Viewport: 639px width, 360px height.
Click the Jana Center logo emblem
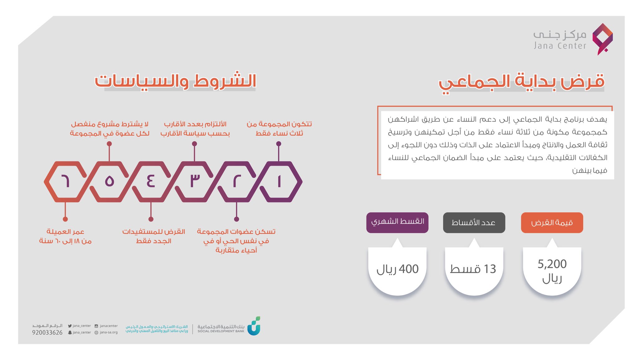tap(603, 39)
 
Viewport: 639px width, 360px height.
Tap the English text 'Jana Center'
tap(560, 46)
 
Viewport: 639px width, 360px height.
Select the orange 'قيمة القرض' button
tap(552, 223)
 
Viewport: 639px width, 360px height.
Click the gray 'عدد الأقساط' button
tap(474, 223)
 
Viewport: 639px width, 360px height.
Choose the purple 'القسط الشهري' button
tap(397, 222)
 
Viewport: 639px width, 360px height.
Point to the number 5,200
tap(552, 264)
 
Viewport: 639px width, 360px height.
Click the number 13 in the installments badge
tap(490, 269)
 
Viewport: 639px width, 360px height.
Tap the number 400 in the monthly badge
tap(409, 269)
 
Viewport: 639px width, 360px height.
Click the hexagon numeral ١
tap(279, 181)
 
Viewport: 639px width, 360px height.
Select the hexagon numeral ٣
tap(195, 181)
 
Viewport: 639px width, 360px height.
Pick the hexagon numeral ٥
tap(109, 181)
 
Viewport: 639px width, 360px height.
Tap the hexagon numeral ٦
tap(65, 181)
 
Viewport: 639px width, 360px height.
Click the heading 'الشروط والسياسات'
tap(176, 81)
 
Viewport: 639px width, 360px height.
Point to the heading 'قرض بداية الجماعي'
tap(521, 82)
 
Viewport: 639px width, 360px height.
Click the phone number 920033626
tap(47, 333)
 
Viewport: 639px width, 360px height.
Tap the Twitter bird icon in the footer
tap(70, 326)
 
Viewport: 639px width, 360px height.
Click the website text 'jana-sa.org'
tap(109, 333)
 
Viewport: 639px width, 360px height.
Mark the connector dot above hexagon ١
tap(279, 144)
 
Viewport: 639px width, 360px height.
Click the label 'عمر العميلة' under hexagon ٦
tap(65, 232)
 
